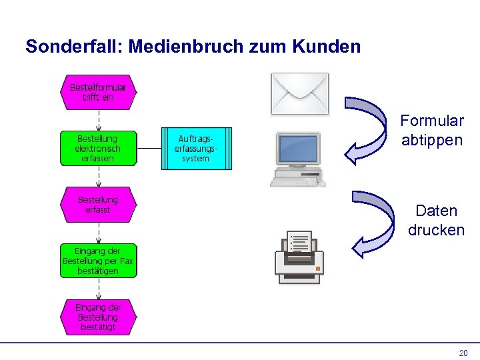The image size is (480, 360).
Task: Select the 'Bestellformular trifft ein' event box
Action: click(x=98, y=92)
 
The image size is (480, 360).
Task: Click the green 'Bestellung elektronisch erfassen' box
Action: click(x=98, y=148)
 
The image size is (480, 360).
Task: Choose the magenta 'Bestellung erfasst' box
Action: click(x=98, y=204)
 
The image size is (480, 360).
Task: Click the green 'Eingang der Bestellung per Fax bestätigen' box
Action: click(x=98, y=261)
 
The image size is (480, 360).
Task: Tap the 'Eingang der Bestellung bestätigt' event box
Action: click(x=98, y=317)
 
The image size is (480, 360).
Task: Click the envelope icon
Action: click(x=299, y=94)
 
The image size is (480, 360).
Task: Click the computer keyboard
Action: click(x=294, y=179)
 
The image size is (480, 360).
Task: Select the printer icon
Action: click(x=299, y=259)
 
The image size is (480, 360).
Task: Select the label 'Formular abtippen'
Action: click(x=432, y=130)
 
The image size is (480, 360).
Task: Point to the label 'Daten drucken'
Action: click(x=436, y=221)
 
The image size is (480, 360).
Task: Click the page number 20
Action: click(x=463, y=353)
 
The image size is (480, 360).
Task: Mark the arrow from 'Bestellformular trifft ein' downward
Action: click(x=99, y=120)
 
